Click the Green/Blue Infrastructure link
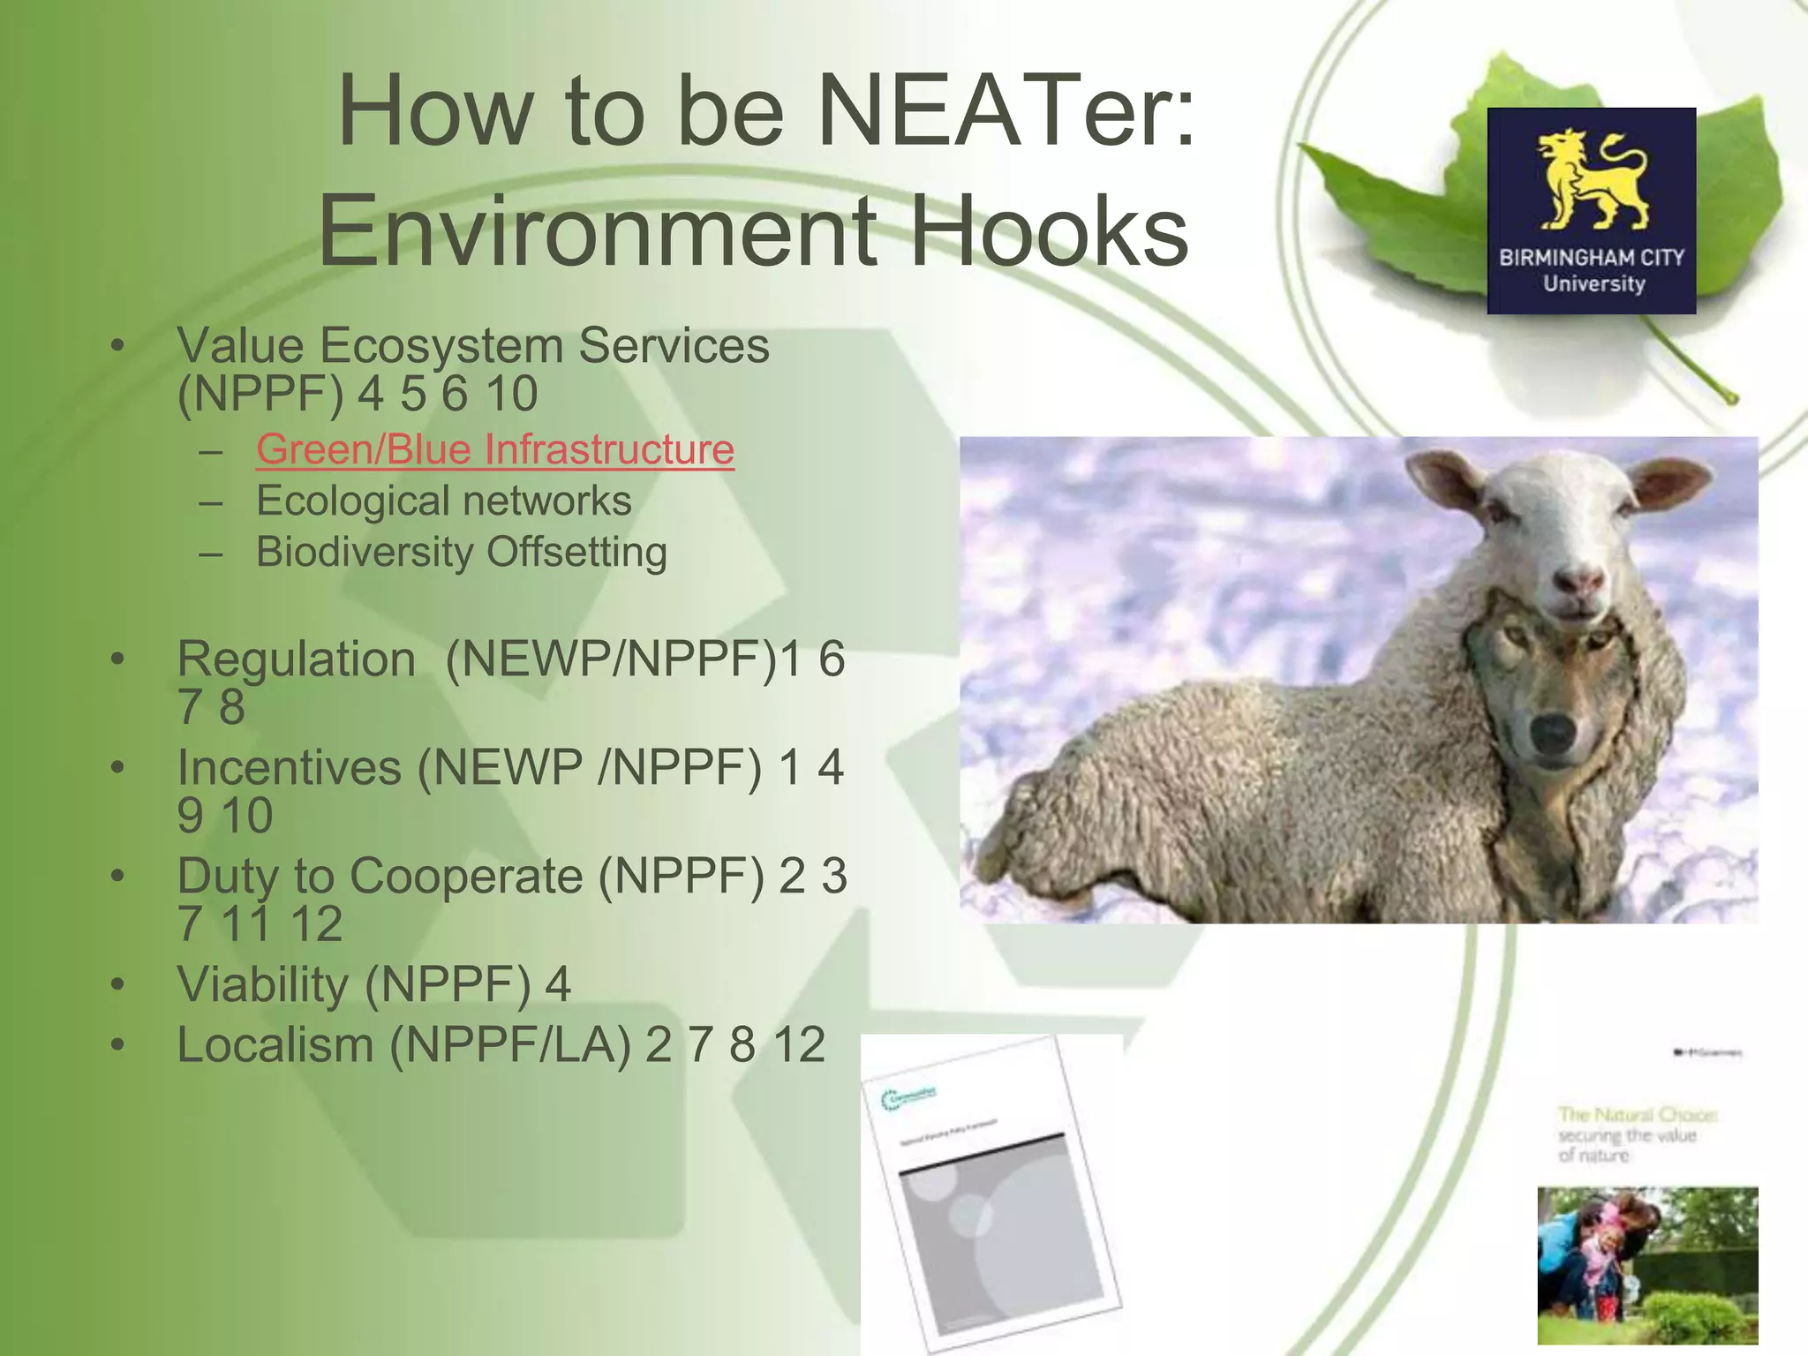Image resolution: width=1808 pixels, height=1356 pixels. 494,449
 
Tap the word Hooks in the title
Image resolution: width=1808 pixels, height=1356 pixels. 1049,231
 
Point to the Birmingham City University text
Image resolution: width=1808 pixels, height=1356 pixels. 1592,270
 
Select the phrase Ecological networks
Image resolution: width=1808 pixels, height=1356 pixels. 443,501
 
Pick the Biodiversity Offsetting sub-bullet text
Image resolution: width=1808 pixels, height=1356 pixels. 461,553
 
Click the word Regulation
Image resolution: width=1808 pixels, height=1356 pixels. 296,659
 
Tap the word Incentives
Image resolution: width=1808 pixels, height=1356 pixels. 289,767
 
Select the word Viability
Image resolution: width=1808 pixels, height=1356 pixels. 262,984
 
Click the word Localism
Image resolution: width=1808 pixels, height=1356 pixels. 275,1045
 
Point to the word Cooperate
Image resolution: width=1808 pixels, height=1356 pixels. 466,876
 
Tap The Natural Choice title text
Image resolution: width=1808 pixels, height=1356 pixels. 1636,1115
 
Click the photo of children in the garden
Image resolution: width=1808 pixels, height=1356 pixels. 1647,1265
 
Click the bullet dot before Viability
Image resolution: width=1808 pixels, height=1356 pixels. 118,984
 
